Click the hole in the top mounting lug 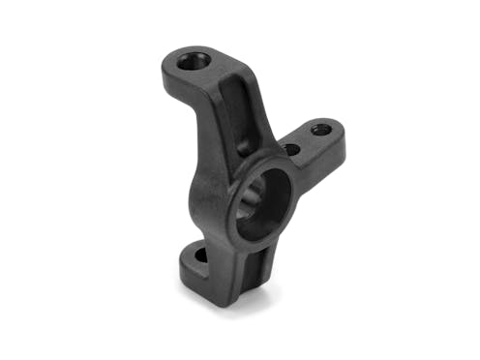[194, 61]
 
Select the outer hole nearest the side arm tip [321, 129]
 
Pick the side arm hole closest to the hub [290, 149]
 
